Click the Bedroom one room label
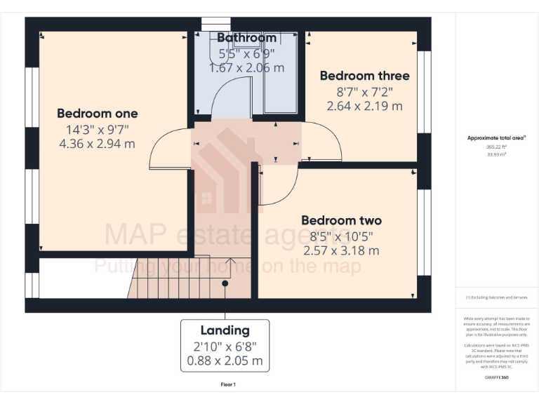(x=97, y=113)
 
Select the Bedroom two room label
(x=341, y=220)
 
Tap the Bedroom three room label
(x=364, y=76)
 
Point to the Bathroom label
(x=246, y=38)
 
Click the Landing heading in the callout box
(x=225, y=330)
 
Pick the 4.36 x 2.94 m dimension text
(x=97, y=144)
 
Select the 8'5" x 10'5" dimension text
(x=341, y=236)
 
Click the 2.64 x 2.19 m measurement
(x=364, y=106)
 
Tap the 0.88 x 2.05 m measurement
(x=225, y=361)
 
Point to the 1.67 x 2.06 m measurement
(x=246, y=68)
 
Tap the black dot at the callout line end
(x=225, y=283)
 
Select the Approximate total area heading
(x=496, y=138)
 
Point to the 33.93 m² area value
(x=496, y=155)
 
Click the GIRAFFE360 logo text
(x=496, y=378)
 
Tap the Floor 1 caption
(x=228, y=384)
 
